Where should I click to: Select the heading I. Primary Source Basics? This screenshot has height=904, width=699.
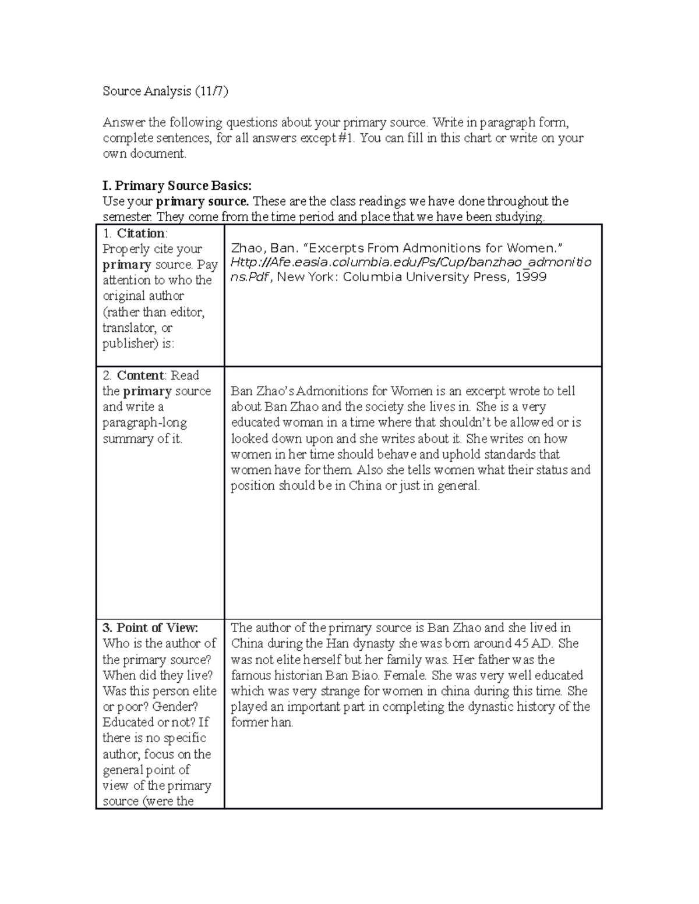pos(177,186)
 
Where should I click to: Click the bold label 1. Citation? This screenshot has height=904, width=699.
pos(135,233)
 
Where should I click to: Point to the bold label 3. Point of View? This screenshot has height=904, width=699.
pos(151,628)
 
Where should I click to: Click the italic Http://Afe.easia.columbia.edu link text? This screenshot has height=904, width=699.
pos(349,262)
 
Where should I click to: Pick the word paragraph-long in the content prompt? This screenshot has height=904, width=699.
pos(144,423)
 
